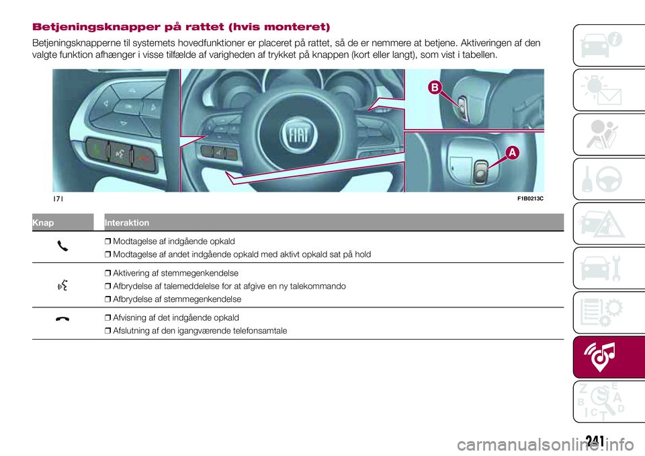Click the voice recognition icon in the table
click(62, 287)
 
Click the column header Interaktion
click(127, 223)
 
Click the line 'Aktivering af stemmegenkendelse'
click(175, 273)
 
